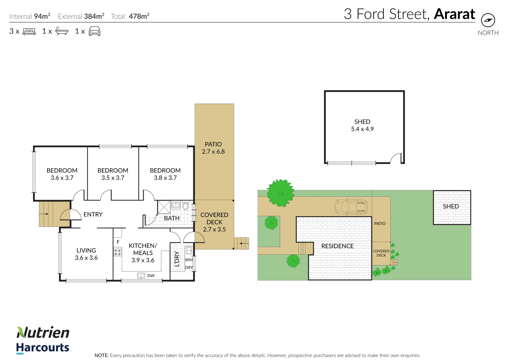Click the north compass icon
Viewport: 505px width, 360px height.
[488, 20]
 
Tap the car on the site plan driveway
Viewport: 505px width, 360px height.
[351, 207]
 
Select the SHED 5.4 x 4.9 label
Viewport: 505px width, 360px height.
[362, 125]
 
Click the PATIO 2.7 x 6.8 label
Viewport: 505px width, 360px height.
[213, 148]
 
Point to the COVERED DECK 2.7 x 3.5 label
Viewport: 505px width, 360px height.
[214, 222]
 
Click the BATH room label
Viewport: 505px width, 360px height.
[172, 218]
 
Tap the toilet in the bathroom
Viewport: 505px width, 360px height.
[186, 206]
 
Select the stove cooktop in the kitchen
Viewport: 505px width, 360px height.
[118, 252]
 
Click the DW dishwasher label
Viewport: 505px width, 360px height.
[151, 276]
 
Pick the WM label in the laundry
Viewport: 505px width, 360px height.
[189, 260]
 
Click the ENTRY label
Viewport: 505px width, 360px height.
[93, 214]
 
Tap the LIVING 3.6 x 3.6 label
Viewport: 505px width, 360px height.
[86, 254]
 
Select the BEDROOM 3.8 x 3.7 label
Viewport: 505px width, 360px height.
[165, 174]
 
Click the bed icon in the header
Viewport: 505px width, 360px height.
[29, 31]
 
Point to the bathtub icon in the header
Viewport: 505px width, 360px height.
[62, 31]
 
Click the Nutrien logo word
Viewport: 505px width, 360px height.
[43, 332]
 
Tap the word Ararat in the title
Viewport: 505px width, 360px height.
[454, 14]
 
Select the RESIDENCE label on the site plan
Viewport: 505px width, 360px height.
[337, 246]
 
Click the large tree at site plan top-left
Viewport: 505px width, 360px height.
[280, 193]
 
